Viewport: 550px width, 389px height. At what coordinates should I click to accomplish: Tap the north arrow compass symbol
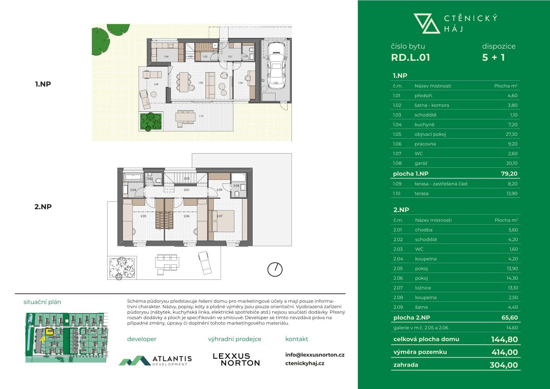[x=275, y=270]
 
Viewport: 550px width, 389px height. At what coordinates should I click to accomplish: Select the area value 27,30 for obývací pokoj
[x=511, y=134]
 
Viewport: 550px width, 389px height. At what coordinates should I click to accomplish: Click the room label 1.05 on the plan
[x=201, y=83]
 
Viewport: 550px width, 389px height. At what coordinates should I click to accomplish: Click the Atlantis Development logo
[x=155, y=360]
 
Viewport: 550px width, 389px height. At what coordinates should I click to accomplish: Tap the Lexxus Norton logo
[x=236, y=359]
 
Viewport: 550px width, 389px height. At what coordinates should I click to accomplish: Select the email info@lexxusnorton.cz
[x=315, y=355]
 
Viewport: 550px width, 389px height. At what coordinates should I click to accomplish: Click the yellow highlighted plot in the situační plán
[x=49, y=331]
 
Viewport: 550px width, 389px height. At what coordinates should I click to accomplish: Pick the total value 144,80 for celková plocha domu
[x=504, y=339]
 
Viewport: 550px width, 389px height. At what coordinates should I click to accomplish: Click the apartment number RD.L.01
[x=410, y=58]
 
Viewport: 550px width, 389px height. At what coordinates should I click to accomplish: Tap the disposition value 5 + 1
[x=493, y=58]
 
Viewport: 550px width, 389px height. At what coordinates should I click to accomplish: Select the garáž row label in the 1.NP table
[x=421, y=163]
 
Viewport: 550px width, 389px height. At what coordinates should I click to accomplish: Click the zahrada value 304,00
[x=504, y=365]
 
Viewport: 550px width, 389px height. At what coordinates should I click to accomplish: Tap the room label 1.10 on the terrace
[x=201, y=116]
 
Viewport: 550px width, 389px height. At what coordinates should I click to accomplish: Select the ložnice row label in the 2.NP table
[x=423, y=288]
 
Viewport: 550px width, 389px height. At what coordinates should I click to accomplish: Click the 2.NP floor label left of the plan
[x=43, y=207]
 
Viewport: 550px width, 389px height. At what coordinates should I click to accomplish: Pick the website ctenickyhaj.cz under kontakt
[x=305, y=363]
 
